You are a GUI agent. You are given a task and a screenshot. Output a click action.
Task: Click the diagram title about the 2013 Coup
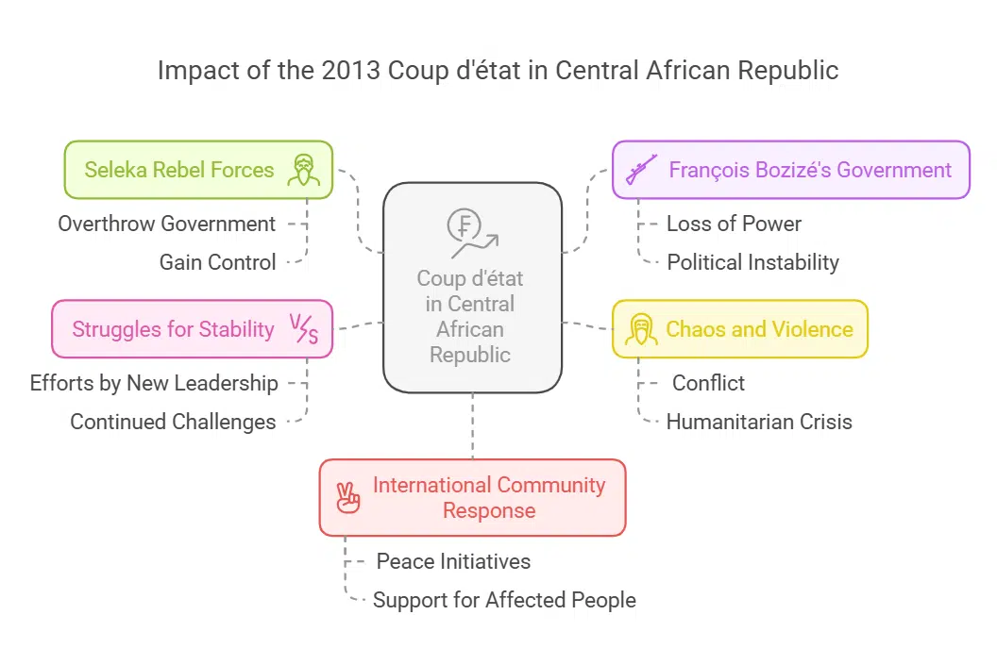pos(498,71)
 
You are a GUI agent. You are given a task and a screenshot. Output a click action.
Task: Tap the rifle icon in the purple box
pos(642,170)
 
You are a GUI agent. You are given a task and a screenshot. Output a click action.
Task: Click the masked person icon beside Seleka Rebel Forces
pos(304,170)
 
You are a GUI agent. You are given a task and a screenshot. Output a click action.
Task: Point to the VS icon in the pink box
pos(304,329)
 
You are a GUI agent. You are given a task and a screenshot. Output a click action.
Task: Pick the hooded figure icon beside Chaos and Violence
pos(641,329)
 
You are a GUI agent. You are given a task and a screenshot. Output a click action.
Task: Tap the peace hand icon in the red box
pos(348,497)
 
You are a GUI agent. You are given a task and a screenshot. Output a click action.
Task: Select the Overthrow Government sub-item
pos(167,224)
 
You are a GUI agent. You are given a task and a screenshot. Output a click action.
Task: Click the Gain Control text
pos(218,262)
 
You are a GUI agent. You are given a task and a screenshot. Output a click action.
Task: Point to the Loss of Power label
pos(734,224)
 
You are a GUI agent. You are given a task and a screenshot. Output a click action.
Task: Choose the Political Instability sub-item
pos(752,262)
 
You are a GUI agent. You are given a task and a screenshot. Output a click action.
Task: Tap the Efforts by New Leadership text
pos(154,383)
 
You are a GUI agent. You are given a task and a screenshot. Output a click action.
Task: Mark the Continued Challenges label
pos(173,422)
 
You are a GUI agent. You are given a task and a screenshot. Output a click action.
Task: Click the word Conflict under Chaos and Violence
pos(708,383)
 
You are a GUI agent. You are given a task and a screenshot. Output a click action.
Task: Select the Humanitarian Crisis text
pos(759,422)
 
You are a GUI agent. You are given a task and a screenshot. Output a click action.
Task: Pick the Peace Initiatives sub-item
pos(453,561)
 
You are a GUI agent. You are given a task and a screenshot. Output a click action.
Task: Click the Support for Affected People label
pos(504,600)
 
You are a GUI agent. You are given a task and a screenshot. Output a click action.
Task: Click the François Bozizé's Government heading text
pos(810,170)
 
